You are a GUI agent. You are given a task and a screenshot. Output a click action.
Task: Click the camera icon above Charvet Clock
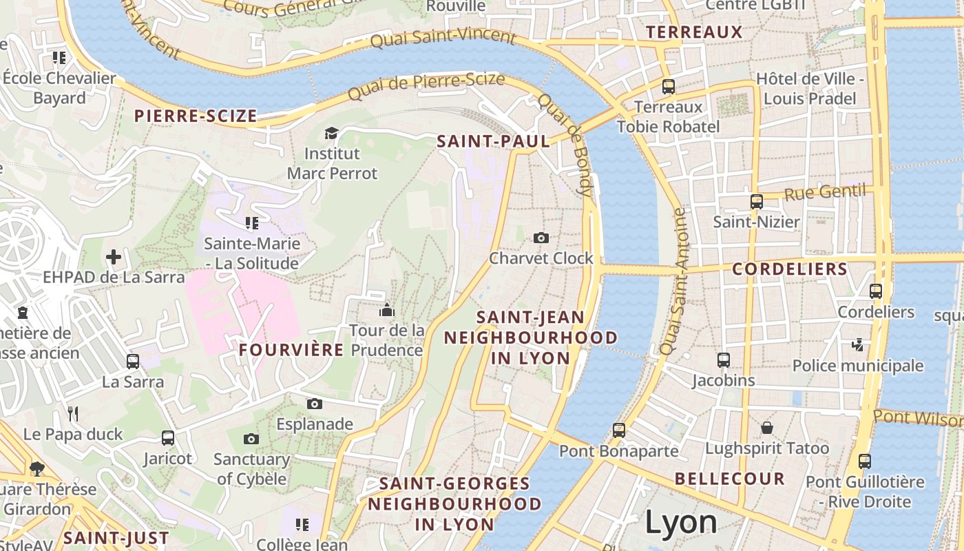point(541,238)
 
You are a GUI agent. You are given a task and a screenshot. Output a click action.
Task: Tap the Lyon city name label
point(681,522)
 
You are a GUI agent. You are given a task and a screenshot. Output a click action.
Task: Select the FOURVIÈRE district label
point(291,350)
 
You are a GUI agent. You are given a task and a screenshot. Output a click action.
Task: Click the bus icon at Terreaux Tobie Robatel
point(668,87)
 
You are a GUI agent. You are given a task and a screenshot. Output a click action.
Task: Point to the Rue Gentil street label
point(825,192)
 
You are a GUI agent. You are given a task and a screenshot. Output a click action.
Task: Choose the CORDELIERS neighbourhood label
point(789,269)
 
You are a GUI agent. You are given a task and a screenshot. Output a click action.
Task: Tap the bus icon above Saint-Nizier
point(756,201)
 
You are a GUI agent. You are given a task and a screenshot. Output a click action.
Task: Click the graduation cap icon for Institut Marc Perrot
point(331,132)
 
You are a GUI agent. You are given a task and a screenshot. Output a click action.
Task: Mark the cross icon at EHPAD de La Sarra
point(114,258)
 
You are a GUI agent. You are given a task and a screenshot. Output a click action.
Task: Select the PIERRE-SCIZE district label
point(196,116)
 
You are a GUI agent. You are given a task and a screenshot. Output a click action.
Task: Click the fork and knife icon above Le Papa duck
point(73,413)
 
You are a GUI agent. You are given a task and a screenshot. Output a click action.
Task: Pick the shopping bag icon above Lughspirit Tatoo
point(766,428)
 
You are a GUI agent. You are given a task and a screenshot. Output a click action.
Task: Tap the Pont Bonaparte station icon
point(618,430)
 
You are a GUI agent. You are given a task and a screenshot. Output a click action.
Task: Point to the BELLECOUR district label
point(730,479)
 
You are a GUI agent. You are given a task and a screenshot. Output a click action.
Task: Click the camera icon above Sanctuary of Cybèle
point(251,439)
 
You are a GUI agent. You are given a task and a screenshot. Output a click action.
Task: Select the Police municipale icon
point(858,344)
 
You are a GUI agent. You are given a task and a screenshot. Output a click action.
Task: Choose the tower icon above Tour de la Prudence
point(386,310)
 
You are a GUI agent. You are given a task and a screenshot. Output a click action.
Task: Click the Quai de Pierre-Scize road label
point(427,86)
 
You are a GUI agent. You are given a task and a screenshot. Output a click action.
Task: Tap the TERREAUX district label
point(695,32)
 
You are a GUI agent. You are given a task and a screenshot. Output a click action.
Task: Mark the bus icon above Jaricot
point(167,437)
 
